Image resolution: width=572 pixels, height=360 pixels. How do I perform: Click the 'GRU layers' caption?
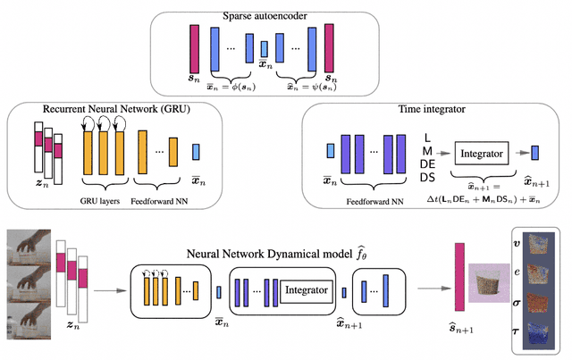[101, 190]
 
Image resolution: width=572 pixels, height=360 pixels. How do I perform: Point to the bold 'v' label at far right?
[515, 242]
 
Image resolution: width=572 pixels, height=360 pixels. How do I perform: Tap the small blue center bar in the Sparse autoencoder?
[264, 49]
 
